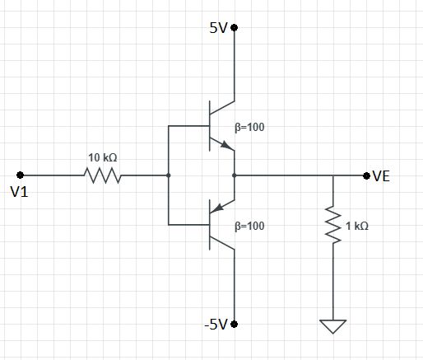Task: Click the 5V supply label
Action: click(218, 27)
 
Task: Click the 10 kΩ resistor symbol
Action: click(101, 175)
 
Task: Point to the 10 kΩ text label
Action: click(103, 157)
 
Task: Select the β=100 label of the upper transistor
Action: click(252, 128)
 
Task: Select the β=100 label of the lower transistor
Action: click(252, 224)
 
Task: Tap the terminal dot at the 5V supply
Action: click(235, 27)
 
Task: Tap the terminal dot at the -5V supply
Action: click(235, 324)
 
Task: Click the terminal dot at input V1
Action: click(20, 175)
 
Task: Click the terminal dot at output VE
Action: click(366, 175)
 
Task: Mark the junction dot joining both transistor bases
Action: click(168, 175)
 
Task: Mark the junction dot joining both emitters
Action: click(235, 175)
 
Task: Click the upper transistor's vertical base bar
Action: click(210, 126)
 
